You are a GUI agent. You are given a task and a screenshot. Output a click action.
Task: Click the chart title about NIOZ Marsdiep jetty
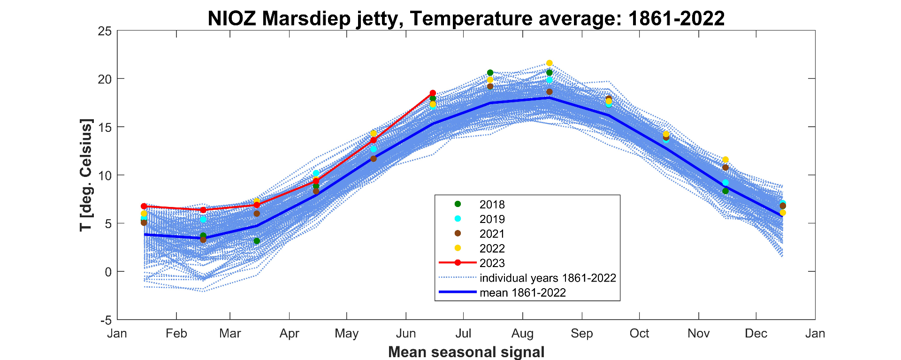[x=466, y=18]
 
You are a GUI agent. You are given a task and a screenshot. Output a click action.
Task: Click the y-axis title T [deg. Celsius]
[x=86, y=175]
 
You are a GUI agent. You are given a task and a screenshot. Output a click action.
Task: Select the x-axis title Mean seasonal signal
[x=466, y=352]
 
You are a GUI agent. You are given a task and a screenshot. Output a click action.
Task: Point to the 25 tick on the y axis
[x=105, y=31]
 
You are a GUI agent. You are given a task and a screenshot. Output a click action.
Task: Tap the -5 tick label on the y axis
[x=106, y=320]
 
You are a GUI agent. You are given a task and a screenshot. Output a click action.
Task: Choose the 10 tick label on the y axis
[x=105, y=176]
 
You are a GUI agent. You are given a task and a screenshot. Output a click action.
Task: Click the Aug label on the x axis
[x=522, y=334]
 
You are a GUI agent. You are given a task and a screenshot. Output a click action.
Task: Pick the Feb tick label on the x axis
[x=176, y=334]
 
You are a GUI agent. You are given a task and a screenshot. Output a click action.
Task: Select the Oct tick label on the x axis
[x=639, y=334]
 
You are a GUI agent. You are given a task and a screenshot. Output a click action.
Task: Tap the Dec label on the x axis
[x=756, y=334]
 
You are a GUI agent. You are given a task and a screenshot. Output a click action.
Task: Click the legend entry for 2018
[x=492, y=205]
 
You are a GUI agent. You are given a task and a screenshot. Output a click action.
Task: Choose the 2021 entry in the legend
[x=492, y=234]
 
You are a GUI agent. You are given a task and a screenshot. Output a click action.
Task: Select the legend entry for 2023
[x=492, y=263]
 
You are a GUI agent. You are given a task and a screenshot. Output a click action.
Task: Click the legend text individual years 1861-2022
[x=547, y=278]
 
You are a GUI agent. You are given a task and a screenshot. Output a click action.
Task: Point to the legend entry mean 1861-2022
[x=522, y=293]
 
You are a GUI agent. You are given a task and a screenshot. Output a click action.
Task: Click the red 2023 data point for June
[x=433, y=93]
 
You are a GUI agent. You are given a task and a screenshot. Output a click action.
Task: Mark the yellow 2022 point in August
[x=550, y=63]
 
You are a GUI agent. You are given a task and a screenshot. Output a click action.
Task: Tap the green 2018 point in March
[x=257, y=241]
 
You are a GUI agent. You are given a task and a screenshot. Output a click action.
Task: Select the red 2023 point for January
[x=144, y=207]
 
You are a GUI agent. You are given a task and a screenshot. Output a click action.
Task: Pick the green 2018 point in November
[x=725, y=191]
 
